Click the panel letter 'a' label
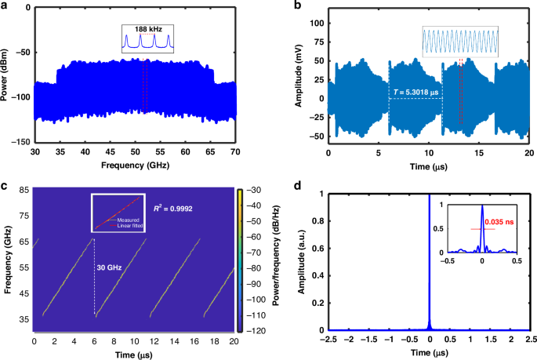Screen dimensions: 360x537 (5, 6)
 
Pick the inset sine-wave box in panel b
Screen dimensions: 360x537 (459, 42)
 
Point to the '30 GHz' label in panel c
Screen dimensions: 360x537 (109, 267)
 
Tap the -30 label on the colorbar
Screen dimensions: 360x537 (256, 191)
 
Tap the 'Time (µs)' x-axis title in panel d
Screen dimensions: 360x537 (429, 354)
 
